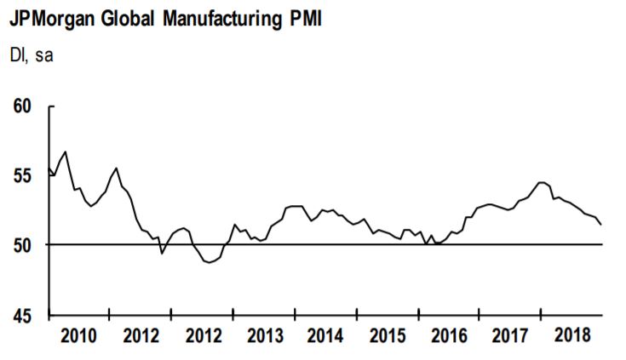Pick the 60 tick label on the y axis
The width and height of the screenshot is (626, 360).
(x=23, y=106)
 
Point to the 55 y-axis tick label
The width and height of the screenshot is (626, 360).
(x=23, y=176)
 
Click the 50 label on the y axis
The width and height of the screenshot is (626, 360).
(x=23, y=245)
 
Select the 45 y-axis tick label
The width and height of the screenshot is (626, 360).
(x=23, y=315)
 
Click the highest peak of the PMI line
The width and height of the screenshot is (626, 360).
(x=66, y=151)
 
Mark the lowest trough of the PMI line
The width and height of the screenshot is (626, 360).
(x=210, y=263)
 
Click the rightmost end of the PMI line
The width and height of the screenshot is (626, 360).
(x=602, y=225)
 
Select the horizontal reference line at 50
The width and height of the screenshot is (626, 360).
(x=341, y=245)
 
